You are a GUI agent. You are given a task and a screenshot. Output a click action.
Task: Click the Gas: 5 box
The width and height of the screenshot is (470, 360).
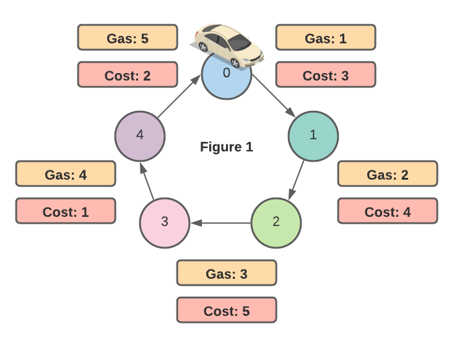point(128,37)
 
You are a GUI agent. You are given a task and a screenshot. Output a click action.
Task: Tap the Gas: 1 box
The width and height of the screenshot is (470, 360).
point(326,37)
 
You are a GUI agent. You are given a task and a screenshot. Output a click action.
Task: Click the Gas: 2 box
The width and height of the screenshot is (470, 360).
point(388,173)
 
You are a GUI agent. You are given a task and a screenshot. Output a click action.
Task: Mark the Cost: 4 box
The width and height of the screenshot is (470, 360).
point(388,211)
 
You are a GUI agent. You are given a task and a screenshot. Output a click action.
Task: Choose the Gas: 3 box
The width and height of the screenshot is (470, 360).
point(227,273)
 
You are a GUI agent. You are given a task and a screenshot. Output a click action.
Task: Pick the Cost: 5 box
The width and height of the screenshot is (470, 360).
point(227,310)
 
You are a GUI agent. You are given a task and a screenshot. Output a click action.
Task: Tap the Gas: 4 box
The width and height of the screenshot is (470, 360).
point(66,173)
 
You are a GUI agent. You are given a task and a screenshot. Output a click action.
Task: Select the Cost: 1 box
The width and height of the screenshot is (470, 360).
point(66,211)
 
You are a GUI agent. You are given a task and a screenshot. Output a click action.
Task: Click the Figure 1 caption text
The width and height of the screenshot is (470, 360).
point(227,147)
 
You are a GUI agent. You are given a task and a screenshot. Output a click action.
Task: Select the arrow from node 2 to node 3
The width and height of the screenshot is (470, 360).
point(220,222)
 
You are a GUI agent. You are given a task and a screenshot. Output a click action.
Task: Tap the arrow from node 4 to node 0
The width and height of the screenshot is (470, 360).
point(180,97)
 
